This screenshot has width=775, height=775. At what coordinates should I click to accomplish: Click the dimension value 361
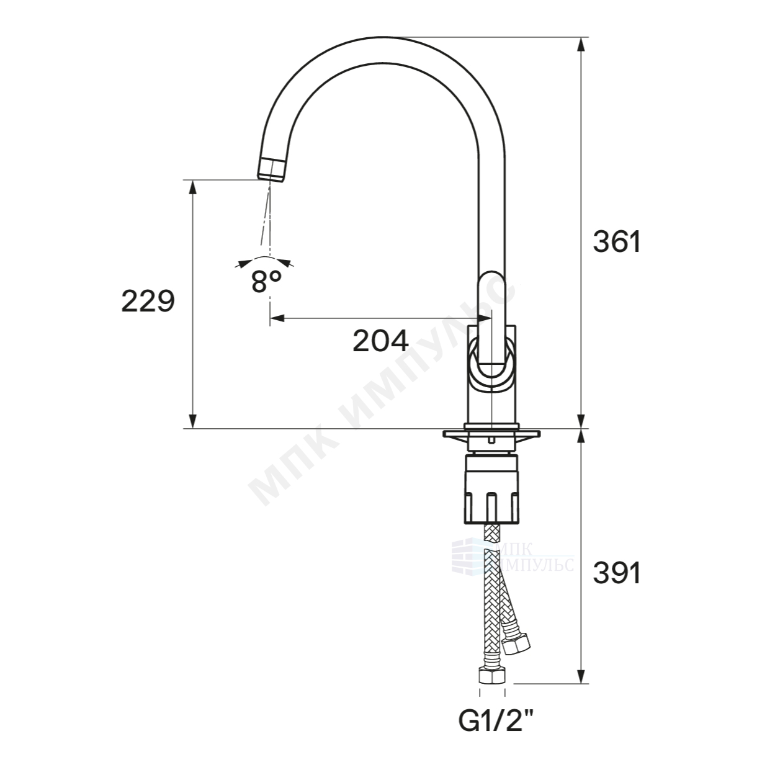click(617, 242)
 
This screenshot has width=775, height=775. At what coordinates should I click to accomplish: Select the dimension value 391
click(617, 573)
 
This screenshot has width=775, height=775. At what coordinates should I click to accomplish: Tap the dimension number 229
click(148, 301)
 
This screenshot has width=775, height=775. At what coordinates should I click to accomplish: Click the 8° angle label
click(266, 281)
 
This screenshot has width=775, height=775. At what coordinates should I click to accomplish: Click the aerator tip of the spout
click(272, 171)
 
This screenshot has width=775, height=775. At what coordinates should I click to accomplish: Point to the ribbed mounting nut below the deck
click(491, 488)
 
